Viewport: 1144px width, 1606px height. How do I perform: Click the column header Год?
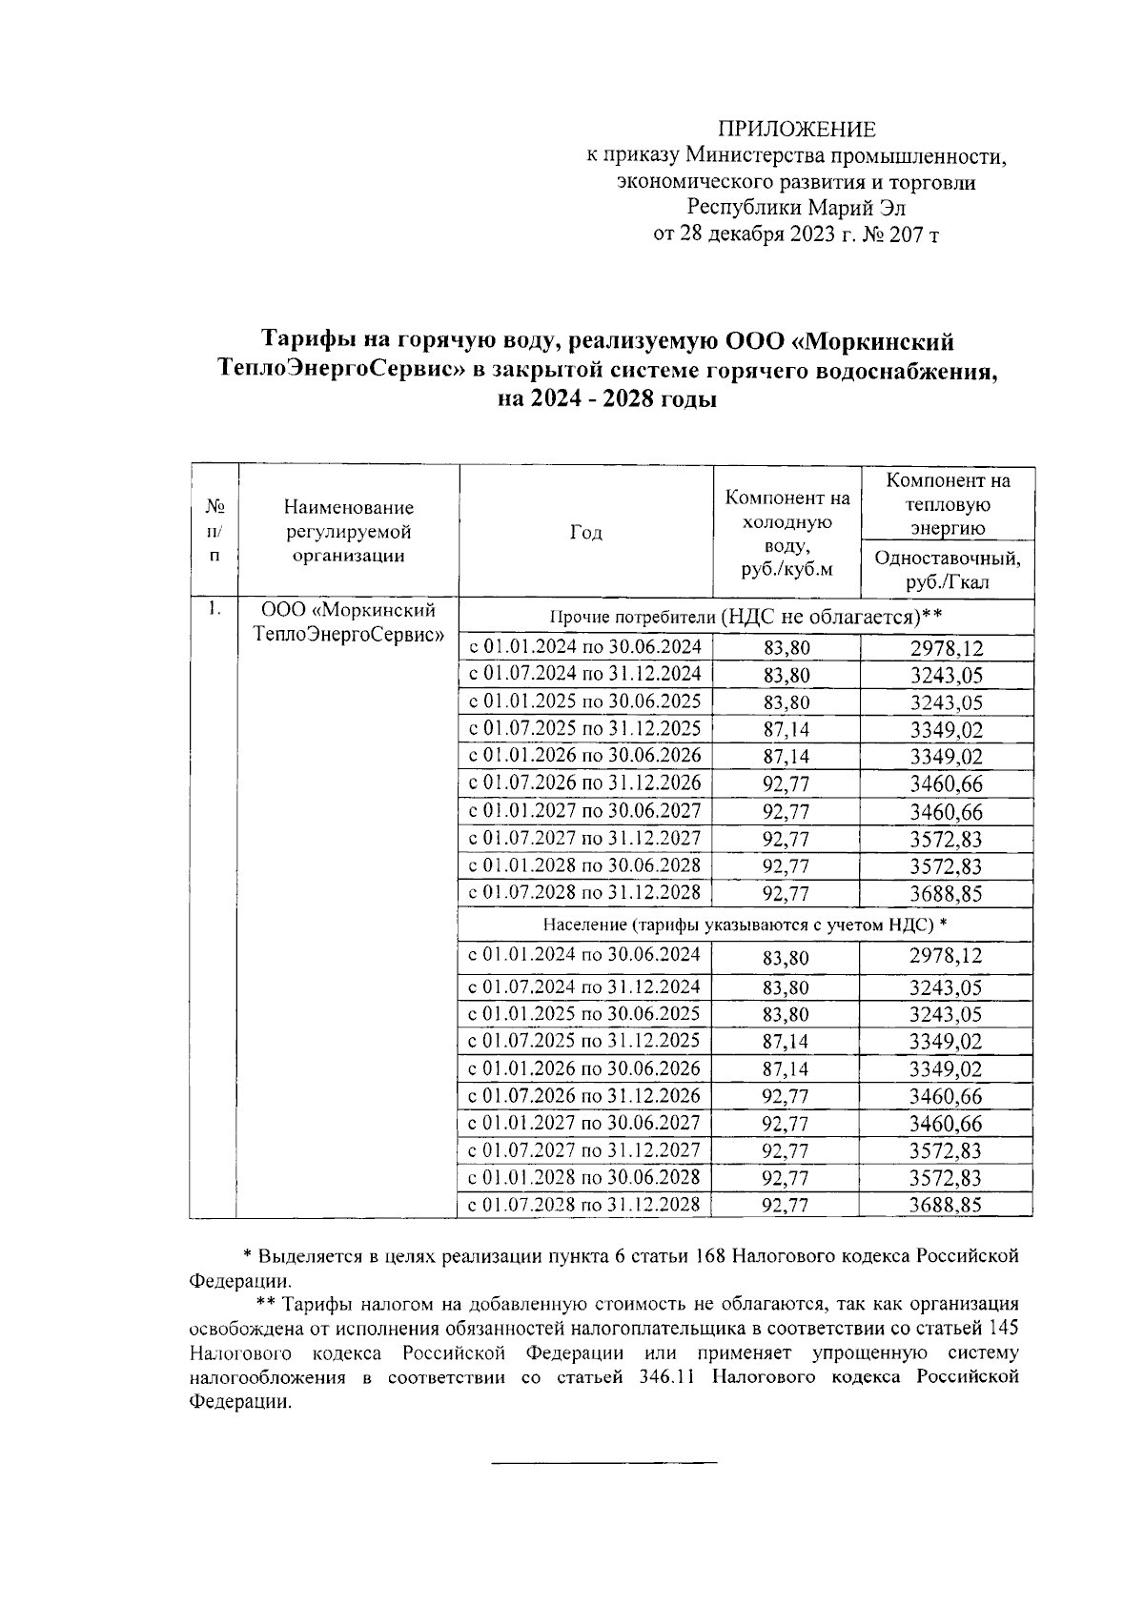[585, 532]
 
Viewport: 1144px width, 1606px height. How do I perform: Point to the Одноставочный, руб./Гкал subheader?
[947, 570]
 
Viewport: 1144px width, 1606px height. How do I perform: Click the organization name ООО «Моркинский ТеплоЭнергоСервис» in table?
[349, 621]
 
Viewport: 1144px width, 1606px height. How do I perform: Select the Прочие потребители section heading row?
[745, 616]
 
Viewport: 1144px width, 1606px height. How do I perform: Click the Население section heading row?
[745, 925]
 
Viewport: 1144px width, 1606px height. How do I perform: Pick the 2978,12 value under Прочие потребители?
[946, 649]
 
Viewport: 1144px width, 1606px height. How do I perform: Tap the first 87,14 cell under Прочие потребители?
[786, 730]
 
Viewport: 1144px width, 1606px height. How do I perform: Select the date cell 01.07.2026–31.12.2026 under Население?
[584, 1095]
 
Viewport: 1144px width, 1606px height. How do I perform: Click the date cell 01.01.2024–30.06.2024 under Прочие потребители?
[584, 647]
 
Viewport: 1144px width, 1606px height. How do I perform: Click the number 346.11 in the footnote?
[664, 1377]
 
